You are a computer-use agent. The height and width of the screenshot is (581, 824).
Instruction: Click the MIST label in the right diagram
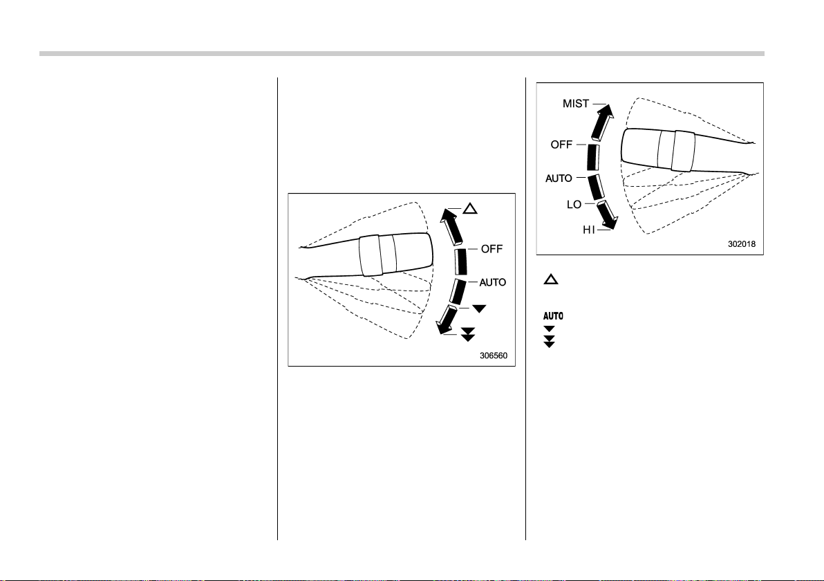click(x=575, y=104)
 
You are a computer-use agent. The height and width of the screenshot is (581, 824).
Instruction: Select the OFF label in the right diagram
click(x=561, y=145)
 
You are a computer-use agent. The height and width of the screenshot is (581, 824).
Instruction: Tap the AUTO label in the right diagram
click(x=559, y=178)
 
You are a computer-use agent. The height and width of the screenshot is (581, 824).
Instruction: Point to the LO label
click(x=574, y=205)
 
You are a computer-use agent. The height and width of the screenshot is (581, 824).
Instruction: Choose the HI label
click(x=588, y=230)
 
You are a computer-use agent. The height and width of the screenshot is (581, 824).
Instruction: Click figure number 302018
click(x=742, y=244)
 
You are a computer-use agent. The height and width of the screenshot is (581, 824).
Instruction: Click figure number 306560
click(x=494, y=356)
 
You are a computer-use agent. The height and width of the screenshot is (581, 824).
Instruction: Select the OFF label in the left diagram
click(x=492, y=249)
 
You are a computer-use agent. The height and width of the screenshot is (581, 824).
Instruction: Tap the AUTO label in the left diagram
click(x=492, y=282)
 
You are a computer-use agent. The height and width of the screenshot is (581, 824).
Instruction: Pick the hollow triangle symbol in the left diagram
click(x=470, y=209)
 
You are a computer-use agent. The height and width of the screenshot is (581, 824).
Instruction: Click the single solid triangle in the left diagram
click(x=479, y=308)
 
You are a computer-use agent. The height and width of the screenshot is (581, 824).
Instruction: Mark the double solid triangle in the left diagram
click(x=468, y=334)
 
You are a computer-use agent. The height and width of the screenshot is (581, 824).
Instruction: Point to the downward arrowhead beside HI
click(x=610, y=223)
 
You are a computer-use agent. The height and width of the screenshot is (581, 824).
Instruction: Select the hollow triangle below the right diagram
click(x=551, y=279)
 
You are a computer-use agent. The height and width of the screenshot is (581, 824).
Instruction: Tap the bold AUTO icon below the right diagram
click(x=553, y=316)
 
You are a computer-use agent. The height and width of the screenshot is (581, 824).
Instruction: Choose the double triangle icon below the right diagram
click(x=549, y=342)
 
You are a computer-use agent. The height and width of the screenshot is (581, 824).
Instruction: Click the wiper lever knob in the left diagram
click(x=395, y=255)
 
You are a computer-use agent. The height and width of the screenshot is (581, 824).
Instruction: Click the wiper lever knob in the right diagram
click(x=659, y=150)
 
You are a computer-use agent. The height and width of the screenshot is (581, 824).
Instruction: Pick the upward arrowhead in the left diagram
click(x=448, y=216)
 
